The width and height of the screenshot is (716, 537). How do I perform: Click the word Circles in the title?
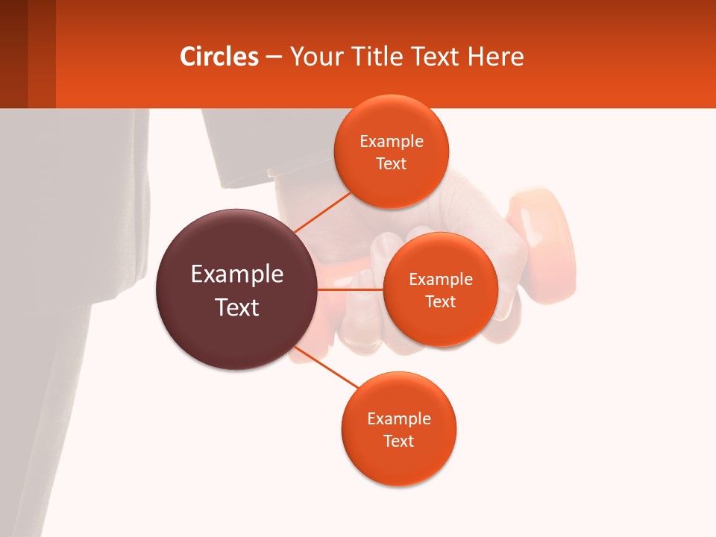click(x=219, y=57)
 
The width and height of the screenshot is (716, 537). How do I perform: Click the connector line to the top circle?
click(x=322, y=213)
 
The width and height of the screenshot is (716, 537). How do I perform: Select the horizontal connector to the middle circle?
click(x=350, y=289)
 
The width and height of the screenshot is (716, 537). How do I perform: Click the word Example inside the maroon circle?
click(x=237, y=274)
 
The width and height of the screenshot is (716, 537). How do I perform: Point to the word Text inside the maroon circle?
click(x=237, y=307)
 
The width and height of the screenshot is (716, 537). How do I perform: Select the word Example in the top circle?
click(x=392, y=142)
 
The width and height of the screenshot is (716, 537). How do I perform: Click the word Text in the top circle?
click(x=392, y=164)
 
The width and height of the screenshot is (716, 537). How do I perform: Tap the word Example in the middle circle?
click(x=441, y=280)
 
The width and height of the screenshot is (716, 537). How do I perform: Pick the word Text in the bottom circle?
click(x=399, y=442)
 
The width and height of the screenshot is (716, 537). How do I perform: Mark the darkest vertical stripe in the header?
click(x=13, y=54)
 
